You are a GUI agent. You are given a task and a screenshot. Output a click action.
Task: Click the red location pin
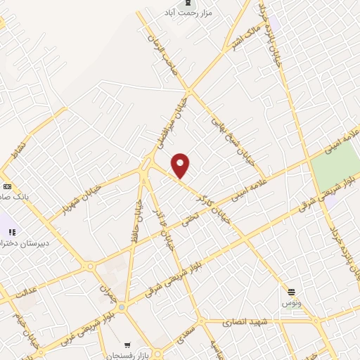click(x=181, y=165)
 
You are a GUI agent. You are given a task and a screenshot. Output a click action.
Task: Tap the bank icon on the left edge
click(x=7, y=186)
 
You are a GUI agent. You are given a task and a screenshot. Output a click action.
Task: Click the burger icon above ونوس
click(x=291, y=290)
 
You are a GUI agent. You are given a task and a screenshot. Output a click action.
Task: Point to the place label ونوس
click(x=291, y=302)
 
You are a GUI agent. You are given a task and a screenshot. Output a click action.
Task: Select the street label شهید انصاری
click(x=245, y=322)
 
